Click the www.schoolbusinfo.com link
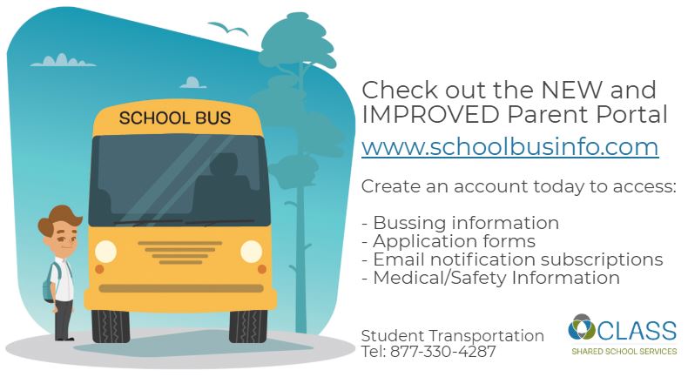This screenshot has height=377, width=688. (509, 147)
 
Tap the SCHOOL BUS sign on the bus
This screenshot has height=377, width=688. (175, 118)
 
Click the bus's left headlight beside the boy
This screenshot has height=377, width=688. (105, 252)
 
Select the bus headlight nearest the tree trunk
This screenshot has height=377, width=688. (251, 252)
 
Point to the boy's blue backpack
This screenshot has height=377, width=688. (49, 283)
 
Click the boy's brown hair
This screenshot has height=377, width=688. (59, 218)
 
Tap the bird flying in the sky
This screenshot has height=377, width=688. (227, 29)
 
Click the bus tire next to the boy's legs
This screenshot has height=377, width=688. (111, 327)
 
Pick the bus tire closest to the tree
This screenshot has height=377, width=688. (248, 327)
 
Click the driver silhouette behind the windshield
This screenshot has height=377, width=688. (223, 185)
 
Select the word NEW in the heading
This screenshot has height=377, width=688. (571, 90)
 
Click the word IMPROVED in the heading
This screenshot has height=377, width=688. (431, 114)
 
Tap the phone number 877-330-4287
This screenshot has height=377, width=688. (442, 352)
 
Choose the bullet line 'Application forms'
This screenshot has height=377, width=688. (449, 241)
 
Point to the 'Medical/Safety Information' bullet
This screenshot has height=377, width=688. (490, 278)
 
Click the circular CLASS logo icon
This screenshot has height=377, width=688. (582, 328)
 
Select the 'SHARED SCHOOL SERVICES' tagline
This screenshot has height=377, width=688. (624, 352)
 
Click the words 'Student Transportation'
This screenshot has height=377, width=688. (452, 336)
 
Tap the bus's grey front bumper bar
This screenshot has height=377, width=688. (181, 288)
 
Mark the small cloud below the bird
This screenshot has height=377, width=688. (192, 83)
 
